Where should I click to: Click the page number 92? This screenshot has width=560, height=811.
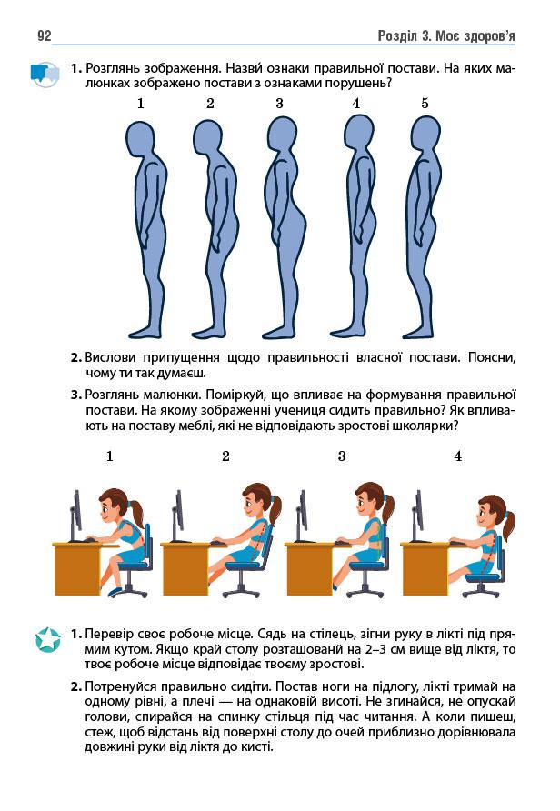pyautogui.click(x=45, y=35)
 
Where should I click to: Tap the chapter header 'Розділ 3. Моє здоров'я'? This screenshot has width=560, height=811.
pyautogui.click(x=446, y=36)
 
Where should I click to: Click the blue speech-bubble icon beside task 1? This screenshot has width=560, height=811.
pyautogui.click(x=45, y=74)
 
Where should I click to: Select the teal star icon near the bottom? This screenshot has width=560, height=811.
pyautogui.click(x=47, y=639)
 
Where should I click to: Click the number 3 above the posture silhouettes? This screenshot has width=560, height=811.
pyautogui.click(x=279, y=104)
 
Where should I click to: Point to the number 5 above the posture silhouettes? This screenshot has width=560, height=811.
pyautogui.click(x=425, y=104)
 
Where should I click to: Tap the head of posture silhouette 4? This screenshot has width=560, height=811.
pyautogui.click(x=359, y=133)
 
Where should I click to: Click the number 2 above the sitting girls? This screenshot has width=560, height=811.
pyautogui.click(x=225, y=456)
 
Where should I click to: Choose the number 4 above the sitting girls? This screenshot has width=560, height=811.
pyautogui.click(x=457, y=456)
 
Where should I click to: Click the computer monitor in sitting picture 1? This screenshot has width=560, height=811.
pyautogui.click(x=76, y=516)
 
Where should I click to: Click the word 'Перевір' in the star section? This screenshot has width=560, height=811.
pyautogui.click(x=108, y=634)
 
